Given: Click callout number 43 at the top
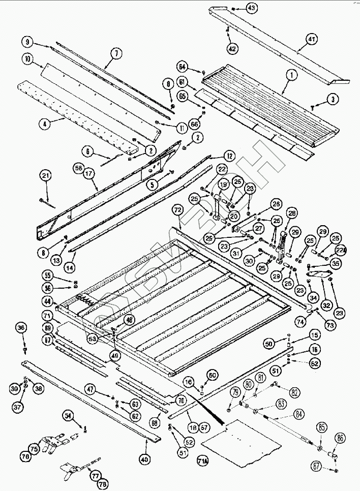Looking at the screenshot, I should (x=252, y=8).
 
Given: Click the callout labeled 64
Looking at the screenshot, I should (x=183, y=67).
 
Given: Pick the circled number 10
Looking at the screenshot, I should (x=28, y=58).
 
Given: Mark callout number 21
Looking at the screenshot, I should (x=46, y=176).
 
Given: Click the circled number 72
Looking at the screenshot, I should (x=177, y=209).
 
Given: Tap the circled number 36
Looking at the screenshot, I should (x=22, y=328).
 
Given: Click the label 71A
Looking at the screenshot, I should (x=202, y=462).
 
